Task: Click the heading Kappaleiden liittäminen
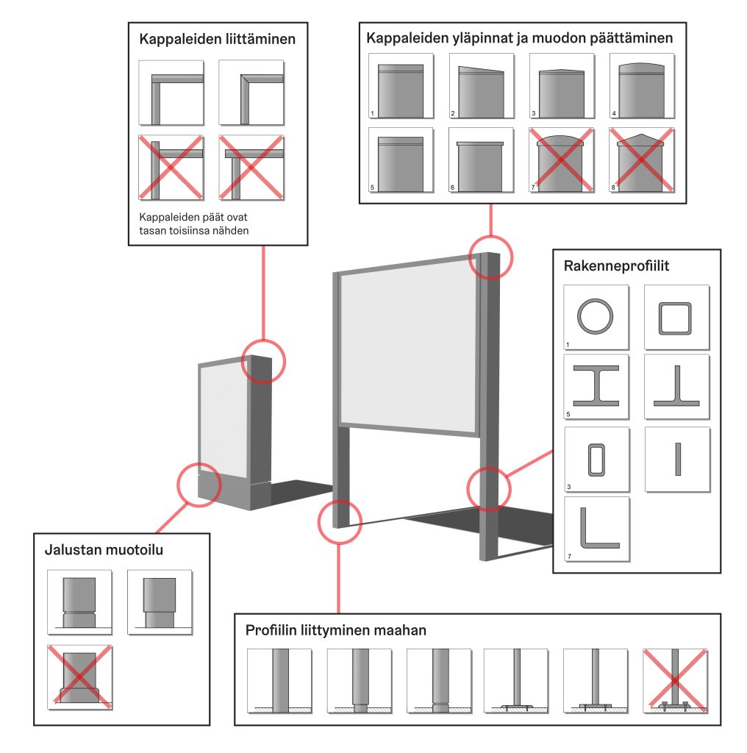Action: point(217,40)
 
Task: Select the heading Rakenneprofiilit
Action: point(616,265)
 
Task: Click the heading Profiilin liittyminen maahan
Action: point(335,630)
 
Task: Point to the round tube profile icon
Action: point(594,317)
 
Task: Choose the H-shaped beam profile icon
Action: point(596,386)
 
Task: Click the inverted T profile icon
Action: point(676,386)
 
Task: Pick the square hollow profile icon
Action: point(676,317)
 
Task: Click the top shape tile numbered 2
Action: point(481,87)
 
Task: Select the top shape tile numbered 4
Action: point(641,87)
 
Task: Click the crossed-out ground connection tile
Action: point(674,680)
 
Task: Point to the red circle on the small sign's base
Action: point(199,484)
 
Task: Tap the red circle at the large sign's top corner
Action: point(490,257)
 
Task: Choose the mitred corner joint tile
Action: point(251,93)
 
